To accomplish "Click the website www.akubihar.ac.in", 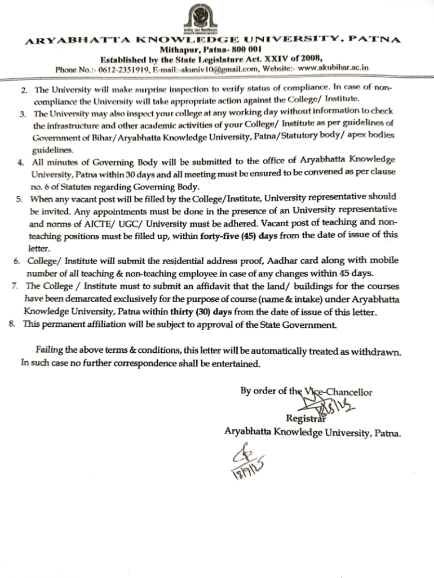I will [333, 68].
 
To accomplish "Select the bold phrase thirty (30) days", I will [210, 312].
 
